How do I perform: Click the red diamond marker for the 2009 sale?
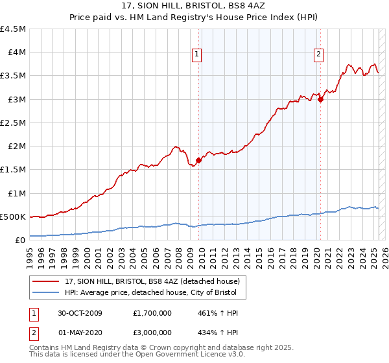point(198,160)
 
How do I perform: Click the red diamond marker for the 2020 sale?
point(320,99)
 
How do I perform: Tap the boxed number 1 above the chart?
point(196,54)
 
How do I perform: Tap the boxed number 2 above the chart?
point(319,54)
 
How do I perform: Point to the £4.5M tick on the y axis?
point(14,29)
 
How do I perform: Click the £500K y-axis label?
point(14,217)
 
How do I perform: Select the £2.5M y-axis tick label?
point(14,123)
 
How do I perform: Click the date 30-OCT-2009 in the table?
point(81,313)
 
